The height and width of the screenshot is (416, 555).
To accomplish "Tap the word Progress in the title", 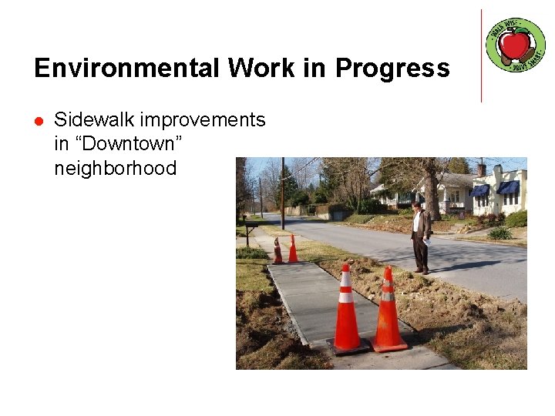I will coord(392,69).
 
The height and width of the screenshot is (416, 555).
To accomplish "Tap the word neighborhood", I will coord(115,168).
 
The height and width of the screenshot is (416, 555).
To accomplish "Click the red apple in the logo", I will coord(515,45).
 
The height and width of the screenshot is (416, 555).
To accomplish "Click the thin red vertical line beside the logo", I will coord(481,55).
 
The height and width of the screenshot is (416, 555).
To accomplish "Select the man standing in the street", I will coord(420,237).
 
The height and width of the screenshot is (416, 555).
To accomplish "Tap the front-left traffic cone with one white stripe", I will coord(346,310).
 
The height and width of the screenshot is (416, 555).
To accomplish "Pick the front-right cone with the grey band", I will coord(387,309).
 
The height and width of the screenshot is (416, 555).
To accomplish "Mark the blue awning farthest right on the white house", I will coord(508,187).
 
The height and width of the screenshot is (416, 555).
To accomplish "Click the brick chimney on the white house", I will coord(482,169).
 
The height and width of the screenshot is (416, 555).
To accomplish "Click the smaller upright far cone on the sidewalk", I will coord(293,250).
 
